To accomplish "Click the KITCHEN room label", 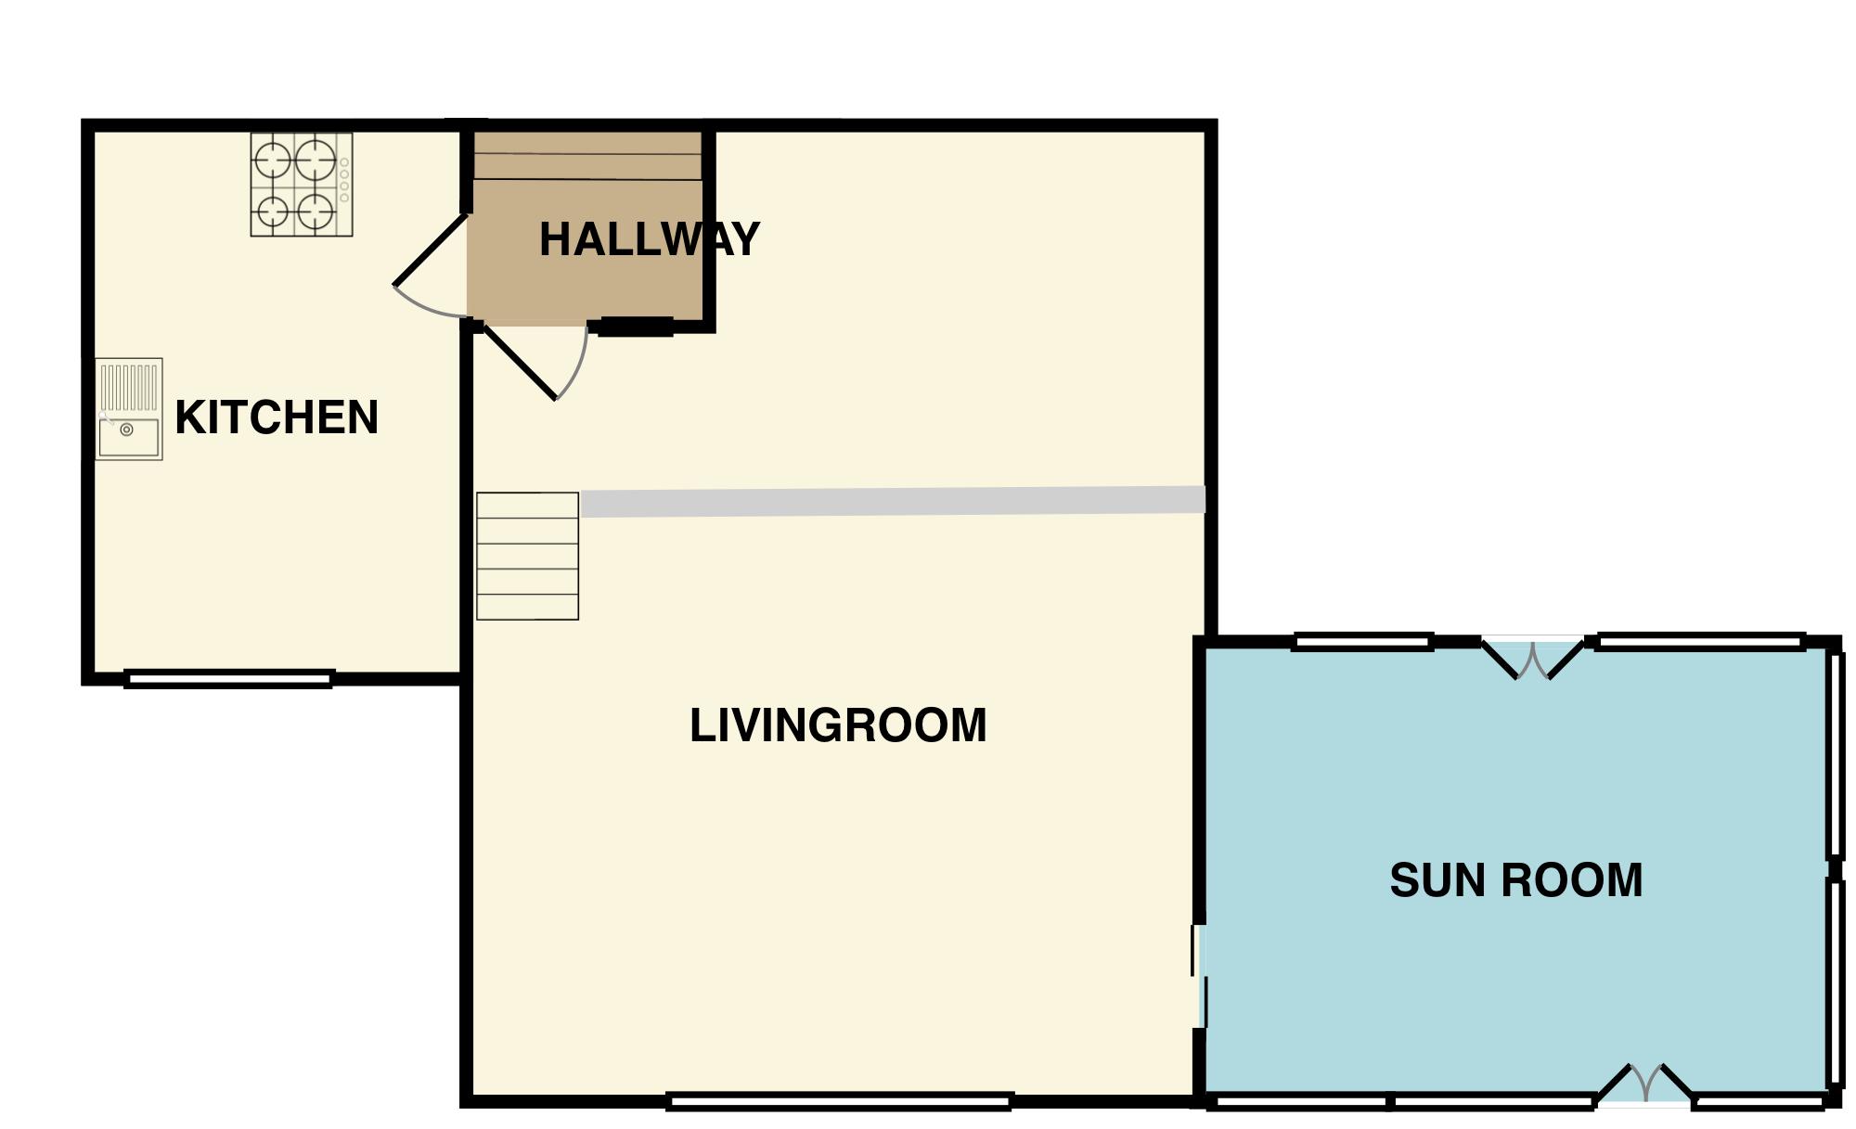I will coord(277,417).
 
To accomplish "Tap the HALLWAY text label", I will coord(649,239).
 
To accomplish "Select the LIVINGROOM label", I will coord(837,725).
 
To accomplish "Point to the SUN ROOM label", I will coord(1515,880).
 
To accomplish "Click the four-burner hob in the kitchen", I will coord(295,185).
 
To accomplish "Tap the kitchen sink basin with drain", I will coord(128,436).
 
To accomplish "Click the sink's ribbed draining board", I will coord(129,387).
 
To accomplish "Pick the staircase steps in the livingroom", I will coord(527,556).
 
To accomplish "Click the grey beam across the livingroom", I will coord(891,501).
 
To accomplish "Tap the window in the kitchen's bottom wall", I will coord(228,679).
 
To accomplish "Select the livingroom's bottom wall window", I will coord(839,1101).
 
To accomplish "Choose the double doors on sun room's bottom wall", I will coord(1644,1084).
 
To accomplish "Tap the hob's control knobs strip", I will coord(344,180).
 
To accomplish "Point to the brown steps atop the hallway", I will coord(587,156).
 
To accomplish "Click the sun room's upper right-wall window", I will coord(1835,753).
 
